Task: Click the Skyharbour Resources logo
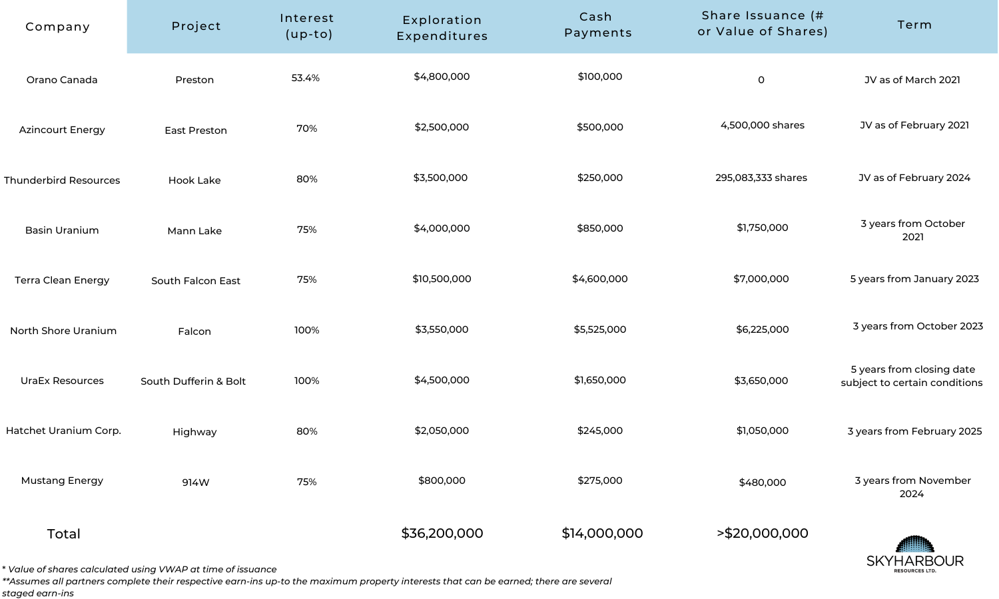pyautogui.click(x=914, y=554)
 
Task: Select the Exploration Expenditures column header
pyautogui.click(x=442, y=28)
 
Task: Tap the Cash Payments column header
pyautogui.click(x=597, y=25)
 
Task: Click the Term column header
pyautogui.click(x=914, y=25)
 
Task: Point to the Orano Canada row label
pyautogui.click(x=62, y=80)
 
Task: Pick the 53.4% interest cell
pyautogui.click(x=306, y=78)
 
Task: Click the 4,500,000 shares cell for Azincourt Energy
pyautogui.click(x=762, y=125)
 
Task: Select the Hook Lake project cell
pyautogui.click(x=194, y=180)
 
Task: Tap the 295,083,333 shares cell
pyautogui.click(x=761, y=178)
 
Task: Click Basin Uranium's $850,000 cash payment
pyautogui.click(x=600, y=228)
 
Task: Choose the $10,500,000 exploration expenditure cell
pyautogui.click(x=442, y=279)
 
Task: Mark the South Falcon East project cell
pyautogui.click(x=195, y=281)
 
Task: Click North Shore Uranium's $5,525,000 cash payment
pyautogui.click(x=600, y=329)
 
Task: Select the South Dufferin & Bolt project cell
pyautogui.click(x=193, y=381)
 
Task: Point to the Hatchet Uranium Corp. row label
pyautogui.click(x=63, y=431)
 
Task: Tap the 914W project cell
pyautogui.click(x=195, y=483)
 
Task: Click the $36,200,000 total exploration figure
pyautogui.click(x=442, y=533)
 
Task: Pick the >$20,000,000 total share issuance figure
pyautogui.click(x=762, y=533)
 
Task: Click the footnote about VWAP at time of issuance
pyautogui.click(x=139, y=569)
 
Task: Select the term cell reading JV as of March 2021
pyautogui.click(x=912, y=80)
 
